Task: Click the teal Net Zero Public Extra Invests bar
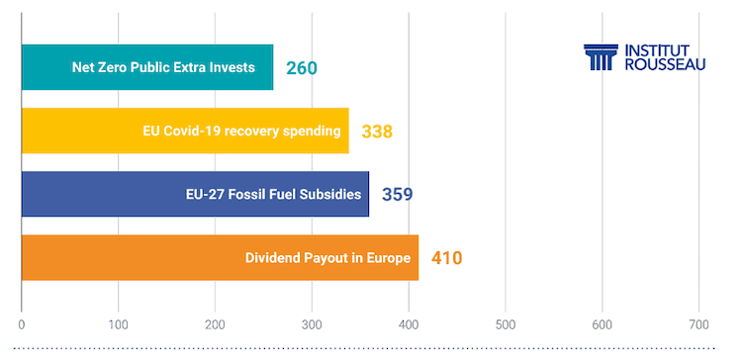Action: (146, 67)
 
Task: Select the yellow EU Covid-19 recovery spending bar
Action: (184, 131)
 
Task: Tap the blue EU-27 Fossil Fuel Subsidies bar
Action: (194, 194)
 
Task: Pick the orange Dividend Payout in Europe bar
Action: (219, 258)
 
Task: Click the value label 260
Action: (302, 68)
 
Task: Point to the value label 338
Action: (377, 132)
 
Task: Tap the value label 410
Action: (447, 258)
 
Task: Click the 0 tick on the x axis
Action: (22, 323)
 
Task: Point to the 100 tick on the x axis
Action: (118, 323)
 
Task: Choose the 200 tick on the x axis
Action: (215, 323)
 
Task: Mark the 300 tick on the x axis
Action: (312, 323)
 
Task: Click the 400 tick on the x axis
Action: (409, 323)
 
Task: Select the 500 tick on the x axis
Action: (506, 323)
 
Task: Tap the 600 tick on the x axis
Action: (603, 323)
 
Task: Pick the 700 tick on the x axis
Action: (698, 323)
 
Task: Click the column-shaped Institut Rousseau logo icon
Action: (600, 57)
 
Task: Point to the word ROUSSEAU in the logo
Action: (665, 65)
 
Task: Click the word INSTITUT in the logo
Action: (661, 49)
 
